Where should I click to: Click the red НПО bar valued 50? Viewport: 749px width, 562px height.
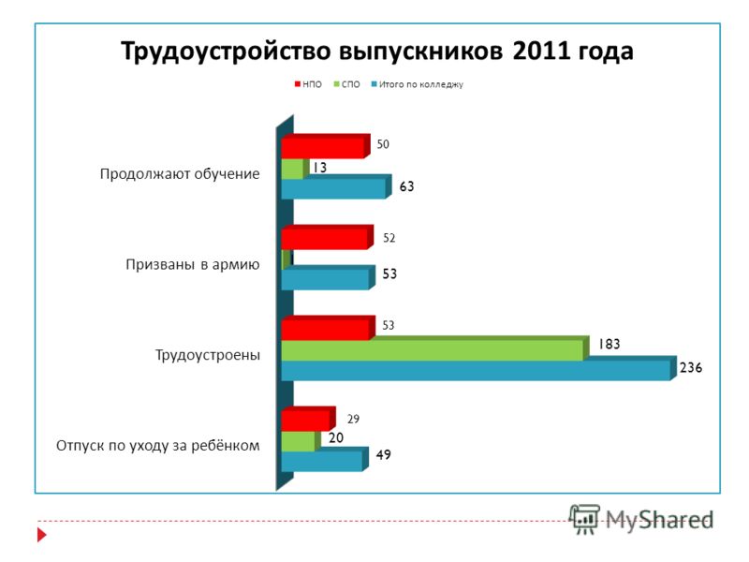click(326, 146)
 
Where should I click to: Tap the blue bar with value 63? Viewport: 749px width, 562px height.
click(336, 186)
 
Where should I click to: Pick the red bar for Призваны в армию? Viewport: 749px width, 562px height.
click(327, 237)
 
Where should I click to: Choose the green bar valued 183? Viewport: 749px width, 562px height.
click(435, 348)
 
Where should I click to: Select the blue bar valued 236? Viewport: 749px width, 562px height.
click(479, 368)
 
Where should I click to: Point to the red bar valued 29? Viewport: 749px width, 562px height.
click(309, 419)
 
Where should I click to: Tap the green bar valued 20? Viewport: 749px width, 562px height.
click(301, 440)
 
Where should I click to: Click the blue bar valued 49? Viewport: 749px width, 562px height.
click(325, 459)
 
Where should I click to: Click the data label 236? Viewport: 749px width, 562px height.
click(691, 367)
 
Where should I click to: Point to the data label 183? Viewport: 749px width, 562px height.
click(609, 344)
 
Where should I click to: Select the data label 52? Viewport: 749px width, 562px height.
click(389, 238)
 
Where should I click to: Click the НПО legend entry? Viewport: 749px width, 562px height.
click(308, 84)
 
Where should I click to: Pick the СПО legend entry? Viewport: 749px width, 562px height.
click(346, 84)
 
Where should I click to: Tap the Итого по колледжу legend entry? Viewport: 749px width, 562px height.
click(418, 84)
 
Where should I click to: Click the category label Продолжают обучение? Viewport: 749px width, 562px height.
click(180, 174)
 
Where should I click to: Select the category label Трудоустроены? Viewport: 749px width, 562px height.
click(208, 355)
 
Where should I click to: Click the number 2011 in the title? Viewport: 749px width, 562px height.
click(542, 51)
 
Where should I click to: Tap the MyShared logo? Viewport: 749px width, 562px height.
click(641, 519)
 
